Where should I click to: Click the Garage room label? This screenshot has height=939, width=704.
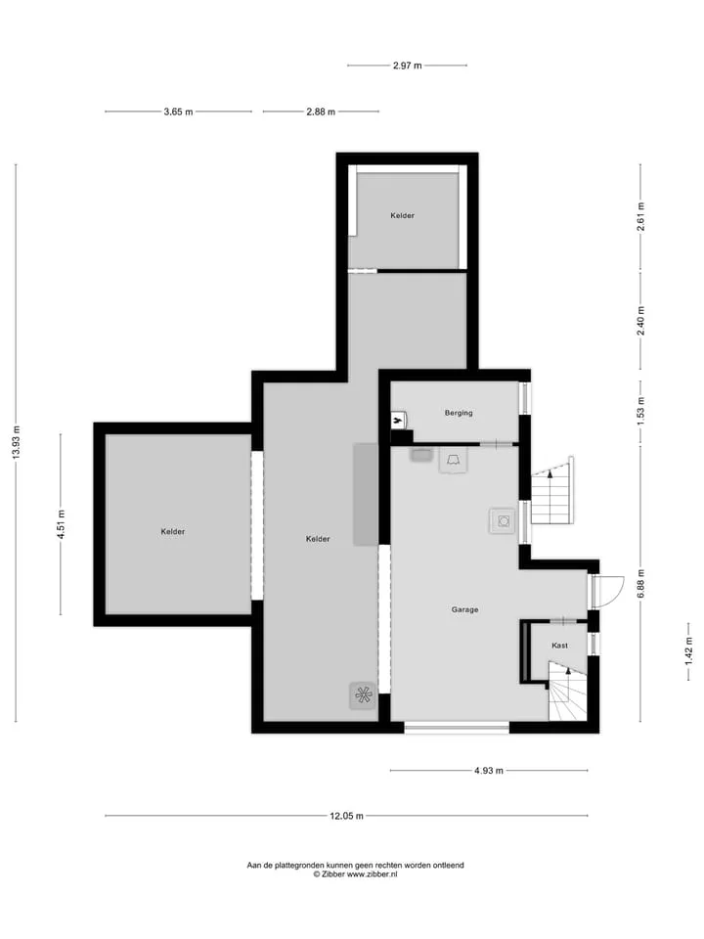464,609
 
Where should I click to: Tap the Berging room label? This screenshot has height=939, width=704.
459,413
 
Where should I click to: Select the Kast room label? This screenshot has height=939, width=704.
559,645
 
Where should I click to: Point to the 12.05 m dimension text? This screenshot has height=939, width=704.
346,816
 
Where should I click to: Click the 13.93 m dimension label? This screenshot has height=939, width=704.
17,442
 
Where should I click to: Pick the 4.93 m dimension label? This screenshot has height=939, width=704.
489,771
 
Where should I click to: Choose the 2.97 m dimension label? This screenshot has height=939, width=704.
407,66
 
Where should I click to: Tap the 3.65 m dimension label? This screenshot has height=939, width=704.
178,112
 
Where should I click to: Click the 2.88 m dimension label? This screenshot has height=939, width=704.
321,112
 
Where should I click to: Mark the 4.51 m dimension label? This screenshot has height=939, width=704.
61,524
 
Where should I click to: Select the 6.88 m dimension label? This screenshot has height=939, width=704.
640,584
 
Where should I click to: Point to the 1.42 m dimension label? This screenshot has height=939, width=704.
689,651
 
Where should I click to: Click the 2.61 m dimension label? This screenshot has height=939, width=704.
640,216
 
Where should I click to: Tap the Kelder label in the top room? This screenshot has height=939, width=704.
402,215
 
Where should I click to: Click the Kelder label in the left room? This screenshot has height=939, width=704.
173,532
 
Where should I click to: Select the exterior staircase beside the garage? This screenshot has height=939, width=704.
552,491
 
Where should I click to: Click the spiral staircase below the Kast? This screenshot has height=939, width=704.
567,692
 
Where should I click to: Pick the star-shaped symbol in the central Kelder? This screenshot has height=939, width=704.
364,695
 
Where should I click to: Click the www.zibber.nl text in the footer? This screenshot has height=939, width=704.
372,874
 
